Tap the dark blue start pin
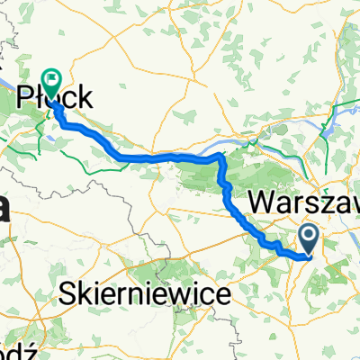coord(308,238)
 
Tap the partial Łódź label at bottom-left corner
coord(18,348)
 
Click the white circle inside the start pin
coord(308,237)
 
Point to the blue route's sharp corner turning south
coord(219,157)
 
